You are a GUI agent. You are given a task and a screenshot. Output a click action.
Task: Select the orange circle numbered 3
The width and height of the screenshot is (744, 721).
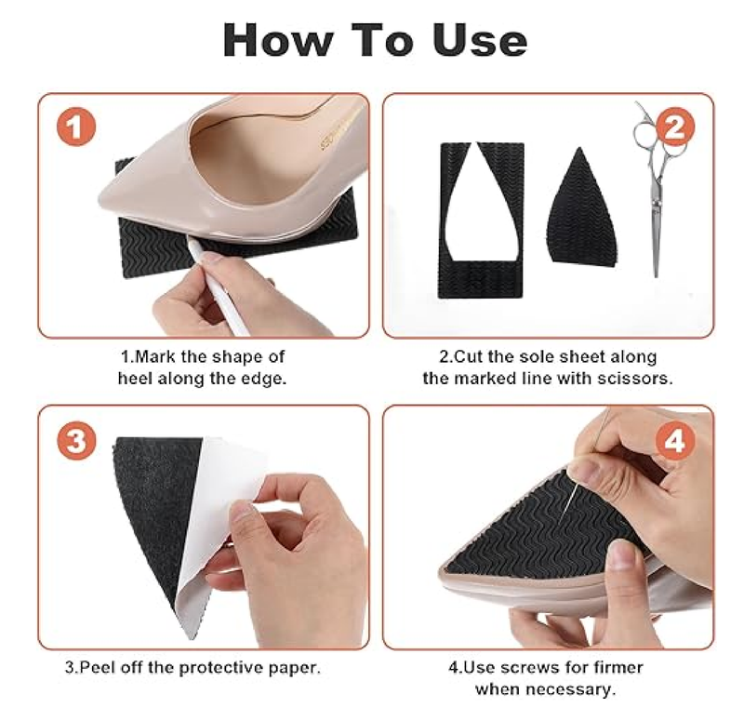[77, 441]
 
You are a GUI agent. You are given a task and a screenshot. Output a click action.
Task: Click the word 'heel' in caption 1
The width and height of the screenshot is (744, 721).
[136, 378]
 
